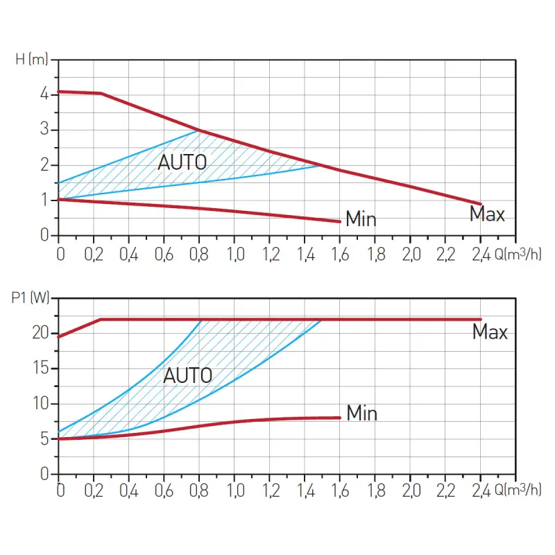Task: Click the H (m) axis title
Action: coord(32,59)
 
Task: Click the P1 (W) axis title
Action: coord(32,299)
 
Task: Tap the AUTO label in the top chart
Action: coord(182,162)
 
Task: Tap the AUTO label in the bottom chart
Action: coord(187,376)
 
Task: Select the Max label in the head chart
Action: coord(487,214)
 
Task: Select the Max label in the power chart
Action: coord(490,332)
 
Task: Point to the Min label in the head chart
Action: coord(361,220)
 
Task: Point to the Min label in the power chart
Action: coord(361,413)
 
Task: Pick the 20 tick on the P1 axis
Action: coord(40,333)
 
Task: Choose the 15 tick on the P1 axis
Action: coord(40,368)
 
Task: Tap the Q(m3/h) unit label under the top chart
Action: coord(518,253)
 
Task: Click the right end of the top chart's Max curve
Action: coord(480,203)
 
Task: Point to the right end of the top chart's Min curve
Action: coord(340,221)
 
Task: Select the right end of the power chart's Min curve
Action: coord(340,418)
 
